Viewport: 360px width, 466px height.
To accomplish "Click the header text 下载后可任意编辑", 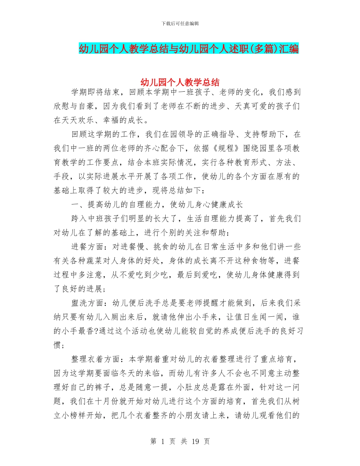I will point(180,23).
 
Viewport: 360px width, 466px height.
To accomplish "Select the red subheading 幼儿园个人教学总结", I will point(180,82).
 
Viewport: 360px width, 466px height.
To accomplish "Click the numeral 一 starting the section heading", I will point(74,205).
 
